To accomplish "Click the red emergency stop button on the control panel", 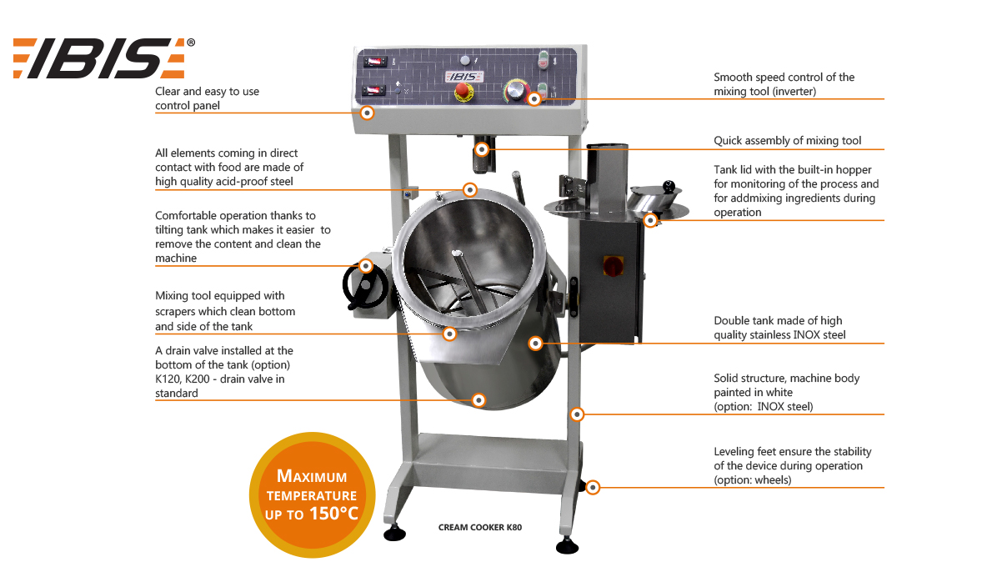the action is click(463, 91).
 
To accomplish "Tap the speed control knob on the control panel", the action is click(516, 90).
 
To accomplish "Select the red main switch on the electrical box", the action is click(613, 266).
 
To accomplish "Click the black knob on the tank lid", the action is click(669, 186).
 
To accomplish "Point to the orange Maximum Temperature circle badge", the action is click(312, 494).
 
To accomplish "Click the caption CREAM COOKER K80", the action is click(480, 528).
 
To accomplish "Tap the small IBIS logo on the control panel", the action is click(464, 77).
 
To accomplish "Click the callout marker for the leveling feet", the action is click(593, 487).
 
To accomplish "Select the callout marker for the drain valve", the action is click(478, 400).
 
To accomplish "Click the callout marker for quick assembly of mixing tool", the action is click(482, 149).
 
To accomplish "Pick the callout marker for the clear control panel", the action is click(367, 113).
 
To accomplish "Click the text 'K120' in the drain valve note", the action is click(168, 379).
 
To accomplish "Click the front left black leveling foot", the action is click(394, 533).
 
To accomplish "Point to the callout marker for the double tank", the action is click(535, 344).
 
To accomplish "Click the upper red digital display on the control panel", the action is click(374, 62).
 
